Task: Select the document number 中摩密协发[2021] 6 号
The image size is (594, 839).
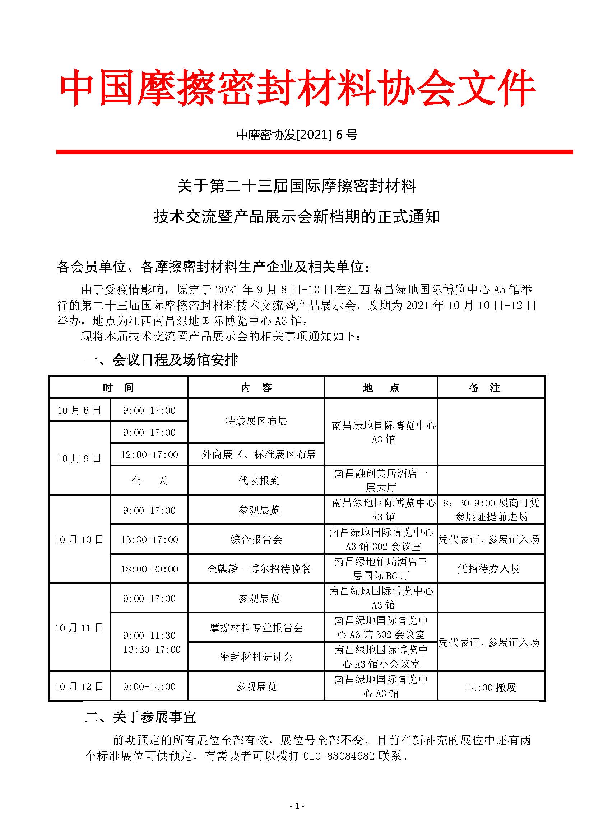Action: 297,135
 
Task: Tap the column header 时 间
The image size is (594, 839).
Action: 118,387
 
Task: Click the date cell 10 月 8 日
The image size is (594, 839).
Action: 79,410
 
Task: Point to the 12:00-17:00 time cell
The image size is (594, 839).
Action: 150,454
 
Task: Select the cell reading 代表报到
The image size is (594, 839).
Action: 259,480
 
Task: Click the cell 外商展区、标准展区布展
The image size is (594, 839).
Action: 259,454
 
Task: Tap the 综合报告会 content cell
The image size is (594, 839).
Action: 256,539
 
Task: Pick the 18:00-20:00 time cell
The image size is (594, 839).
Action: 150,569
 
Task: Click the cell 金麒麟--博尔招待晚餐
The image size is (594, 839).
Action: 259,569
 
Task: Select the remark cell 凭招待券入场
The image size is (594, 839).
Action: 489,569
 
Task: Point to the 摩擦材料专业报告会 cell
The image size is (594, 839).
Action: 256,628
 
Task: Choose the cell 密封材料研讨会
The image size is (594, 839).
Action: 256,657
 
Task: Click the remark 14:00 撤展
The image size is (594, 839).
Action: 491,688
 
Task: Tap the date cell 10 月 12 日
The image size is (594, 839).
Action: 79,687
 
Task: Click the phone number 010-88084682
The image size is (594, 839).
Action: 339,755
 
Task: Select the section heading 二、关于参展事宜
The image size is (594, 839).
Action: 141,717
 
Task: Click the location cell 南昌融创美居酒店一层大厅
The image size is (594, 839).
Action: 381,480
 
